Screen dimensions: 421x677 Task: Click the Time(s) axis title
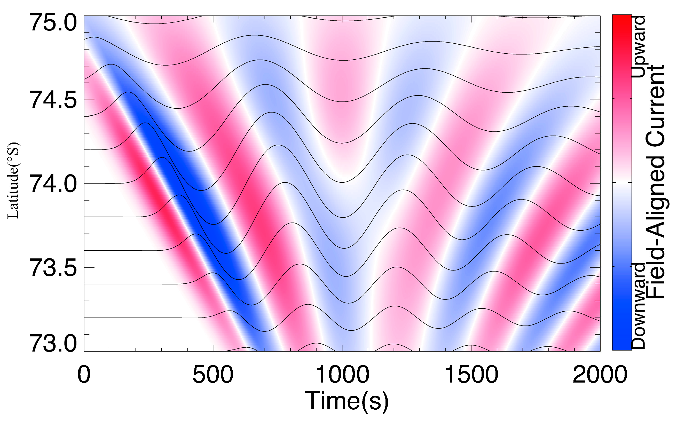[347, 401]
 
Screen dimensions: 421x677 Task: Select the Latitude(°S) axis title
[13, 181]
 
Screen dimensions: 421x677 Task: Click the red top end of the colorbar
[621, 20]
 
